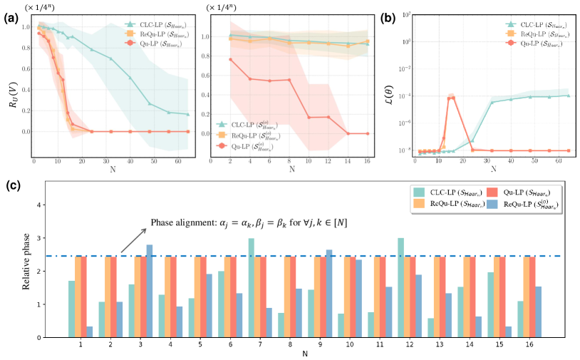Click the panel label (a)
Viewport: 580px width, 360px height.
tap(10, 11)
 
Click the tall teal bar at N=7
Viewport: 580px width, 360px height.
tap(252, 287)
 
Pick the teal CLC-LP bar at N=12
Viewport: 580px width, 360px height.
tap(400, 287)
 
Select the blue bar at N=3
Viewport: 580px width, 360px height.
tap(149, 291)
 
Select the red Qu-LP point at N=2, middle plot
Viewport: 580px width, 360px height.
tap(230, 59)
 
